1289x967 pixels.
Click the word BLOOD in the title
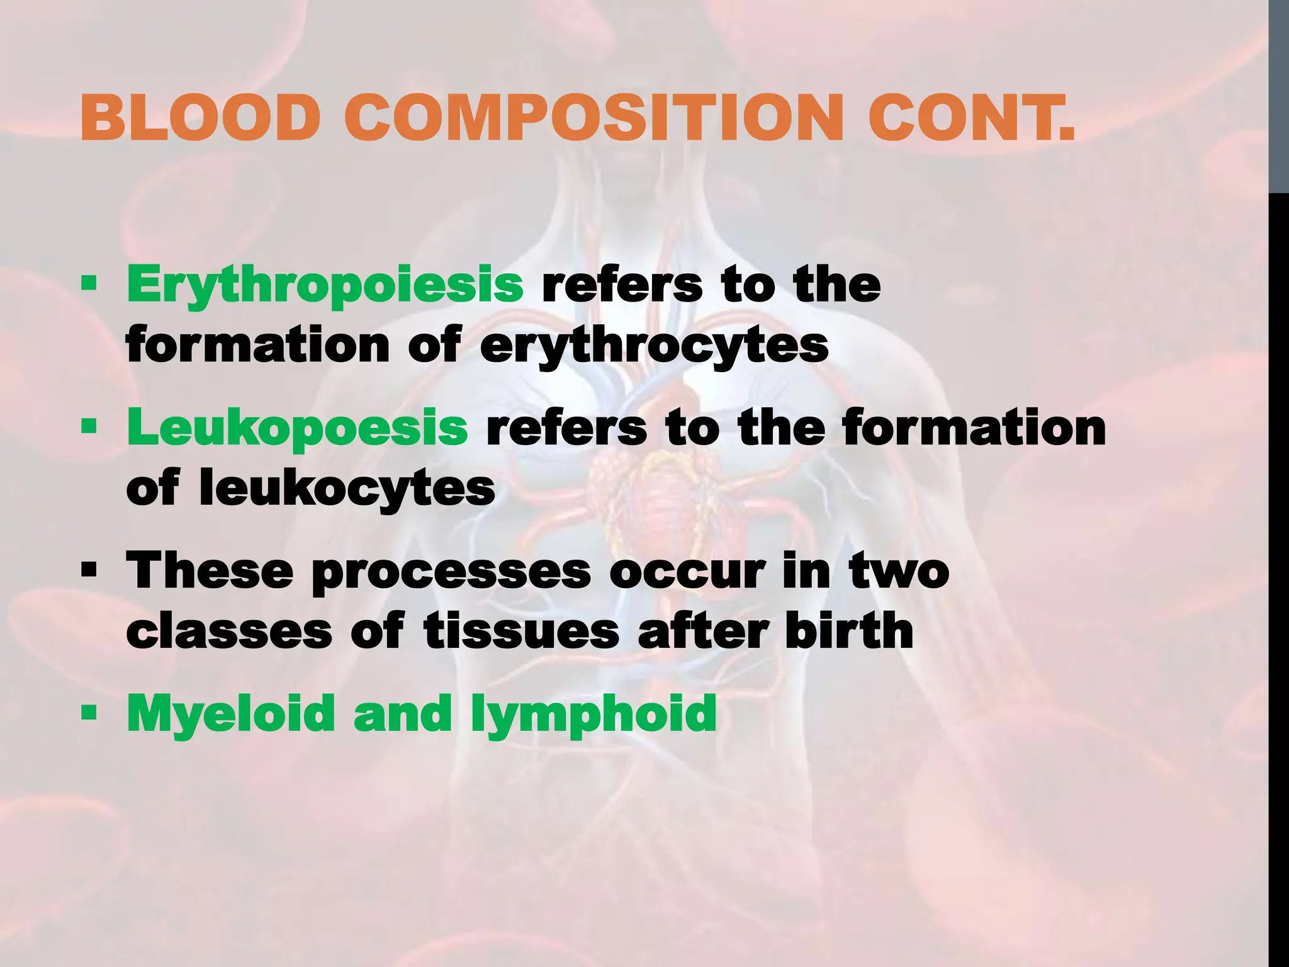(201, 118)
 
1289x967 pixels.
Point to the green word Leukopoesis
(298, 427)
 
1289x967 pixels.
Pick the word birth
(849, 631)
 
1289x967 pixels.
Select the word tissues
(522, 631)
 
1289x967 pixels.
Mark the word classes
(229, 632)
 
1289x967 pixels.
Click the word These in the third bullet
(210, 570)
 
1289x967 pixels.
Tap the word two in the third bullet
(898, 570)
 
